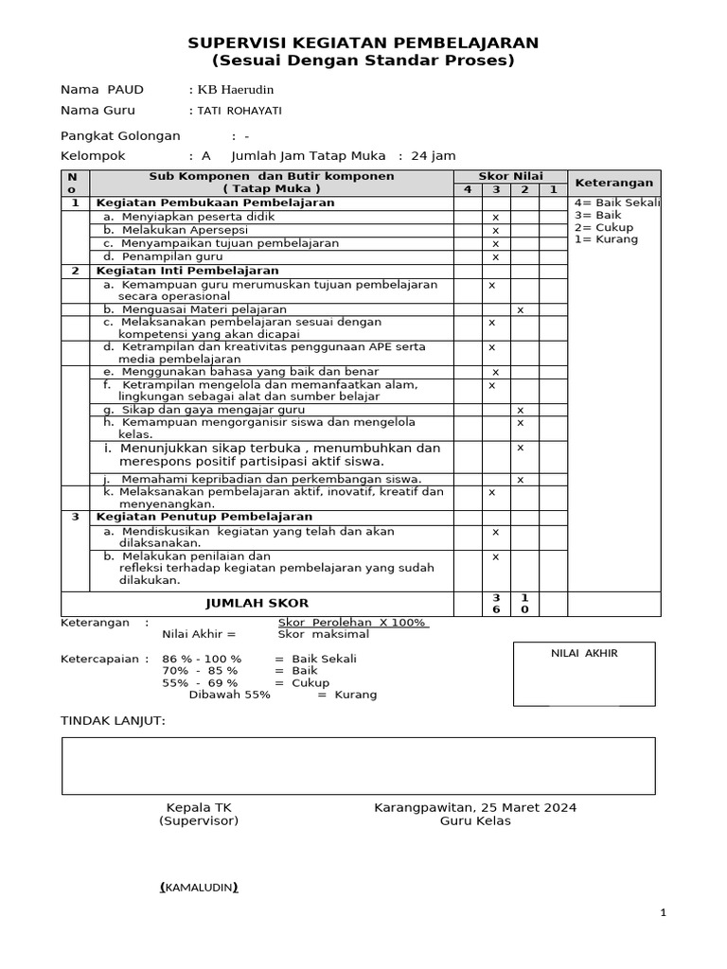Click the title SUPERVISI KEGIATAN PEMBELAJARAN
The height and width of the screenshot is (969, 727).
(x=363, y=43)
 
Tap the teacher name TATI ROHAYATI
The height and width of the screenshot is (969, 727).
(x=239, y=111)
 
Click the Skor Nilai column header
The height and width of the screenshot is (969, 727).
(x=510, y=176)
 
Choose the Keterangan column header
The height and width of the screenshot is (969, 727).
(x=614, y=183)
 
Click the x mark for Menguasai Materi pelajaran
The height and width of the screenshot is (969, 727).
(x=520, y=309)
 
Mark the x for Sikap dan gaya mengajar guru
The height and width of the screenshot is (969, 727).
(x=520, y=410)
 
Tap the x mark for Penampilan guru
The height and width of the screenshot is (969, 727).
(x=494, y=256)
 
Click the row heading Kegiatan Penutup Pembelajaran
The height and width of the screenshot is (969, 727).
(x=204, y=517)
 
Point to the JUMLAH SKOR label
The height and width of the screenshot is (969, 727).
(x=257, y=603)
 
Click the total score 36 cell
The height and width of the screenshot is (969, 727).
(x=494, y=604)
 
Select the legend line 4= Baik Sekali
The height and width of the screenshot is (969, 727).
(x=616, y=203)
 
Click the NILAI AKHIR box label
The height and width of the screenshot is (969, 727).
(x=585, y=653)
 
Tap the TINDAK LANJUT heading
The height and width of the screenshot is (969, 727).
(x=113, y=721)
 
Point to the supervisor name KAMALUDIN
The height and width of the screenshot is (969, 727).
(x=199, y=888)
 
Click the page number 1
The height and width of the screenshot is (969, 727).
(x=664, y=912)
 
